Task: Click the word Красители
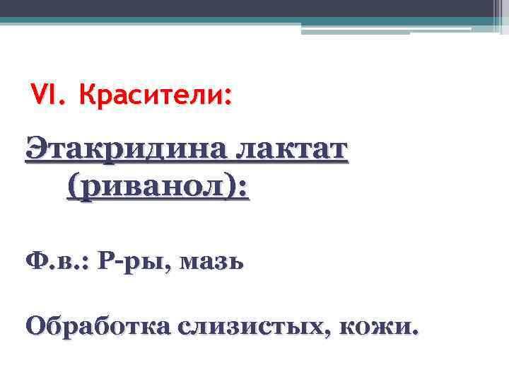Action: coord(151,95)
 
